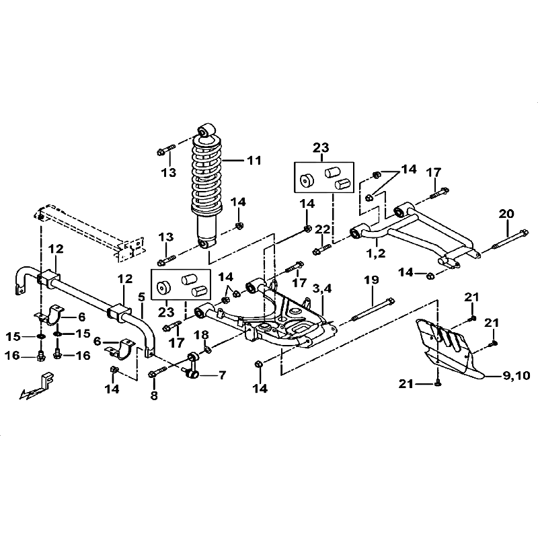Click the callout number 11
pyautogui.click(x=253, y=161)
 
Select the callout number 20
pyautogui.click(x=506, y=214)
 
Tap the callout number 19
pyautogui.click(x=372, y=280)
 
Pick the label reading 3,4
pyautogui.click(x=323, y=288)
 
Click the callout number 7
pyautogui.click(x=221, y=374)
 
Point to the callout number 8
pyautogui.click(x=153, y=396)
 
